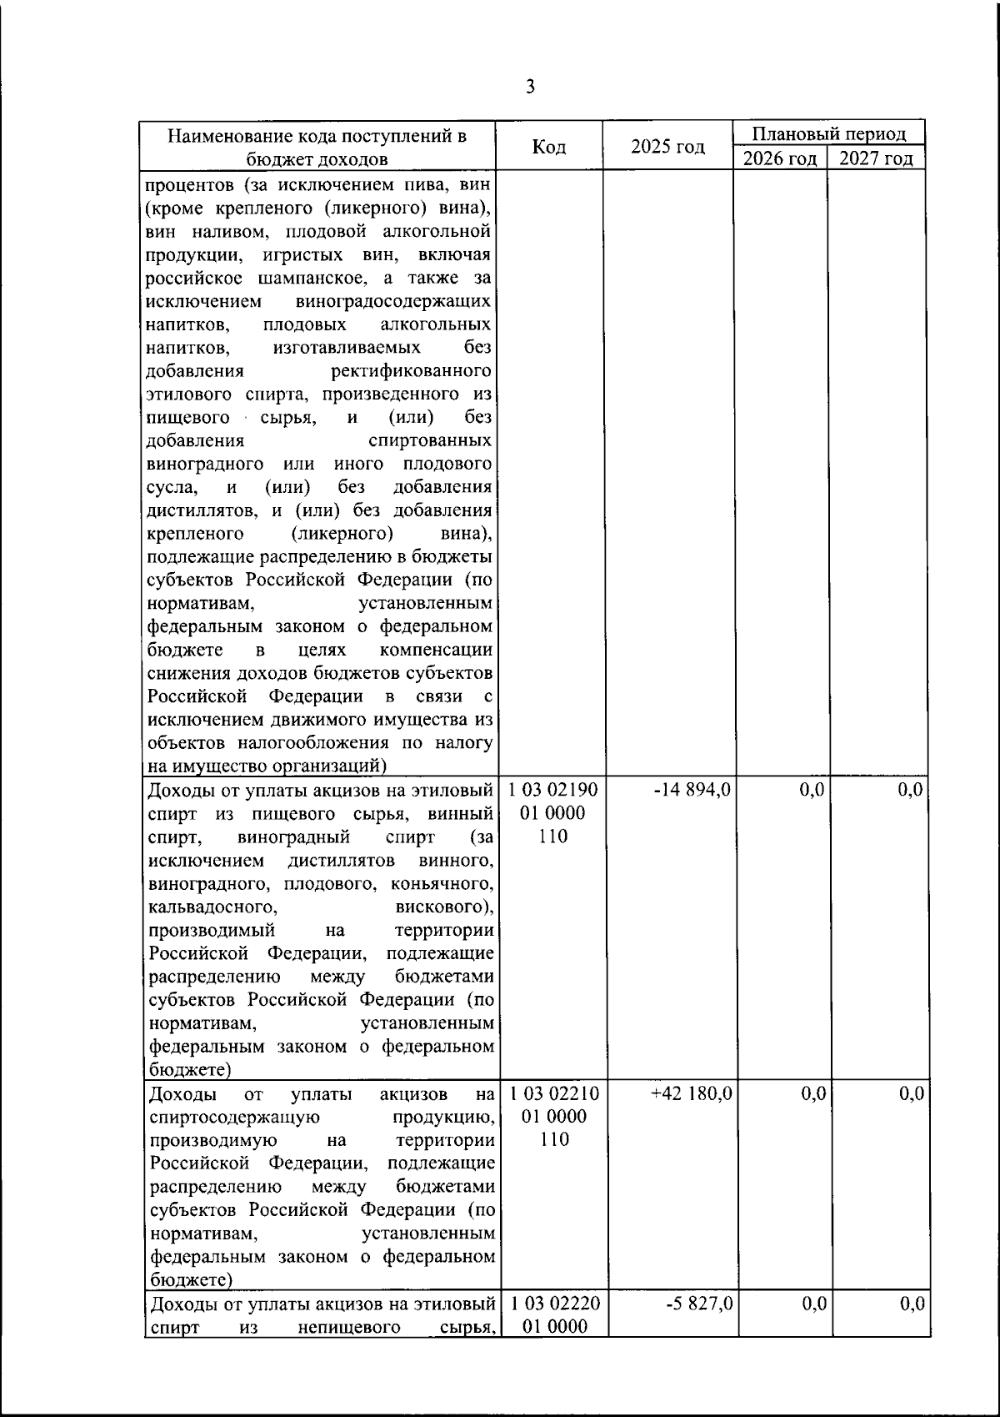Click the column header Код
[x=549, y=147]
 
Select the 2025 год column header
[x=667, y=147]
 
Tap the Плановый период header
[x=829, y=133]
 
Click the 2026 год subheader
[x=780, y=158]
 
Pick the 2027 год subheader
[x=876, y=158]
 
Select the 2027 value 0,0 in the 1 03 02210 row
[x=911, y=1093]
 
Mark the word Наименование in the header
[x=224, y=135]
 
